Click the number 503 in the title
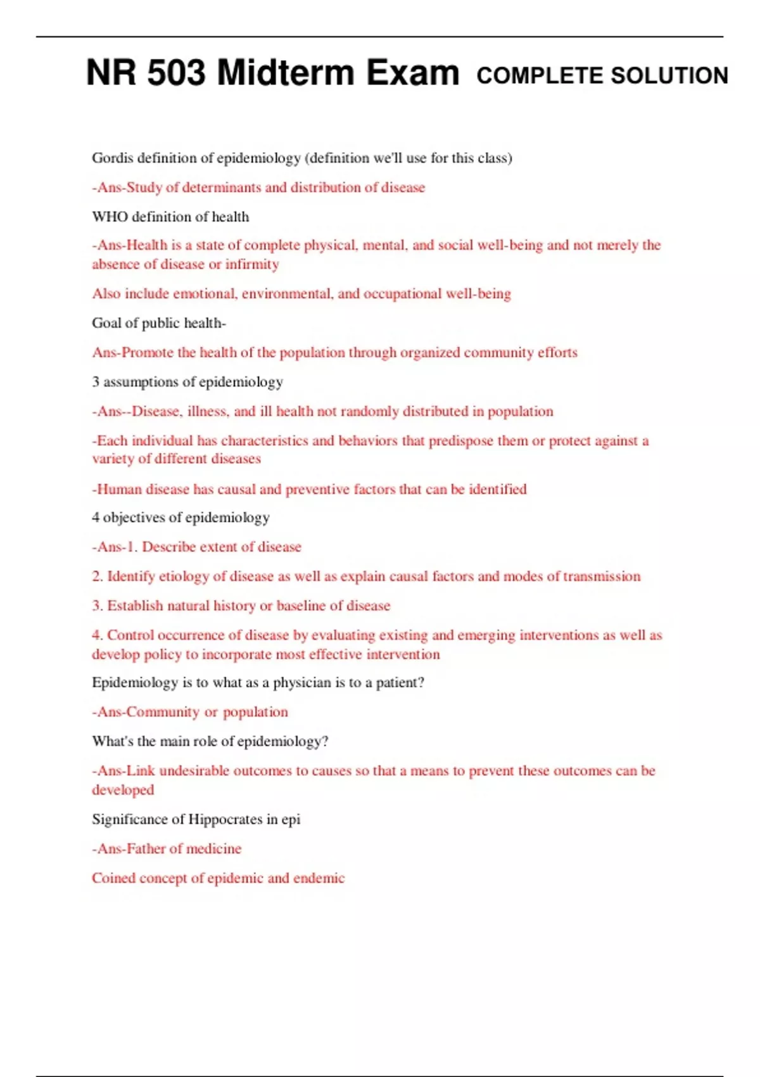pos(177,73)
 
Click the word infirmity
pos(252,264)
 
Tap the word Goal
pos(106,323)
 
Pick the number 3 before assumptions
pos(96,382)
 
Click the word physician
pos(301,683)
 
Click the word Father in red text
pos(146,849)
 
